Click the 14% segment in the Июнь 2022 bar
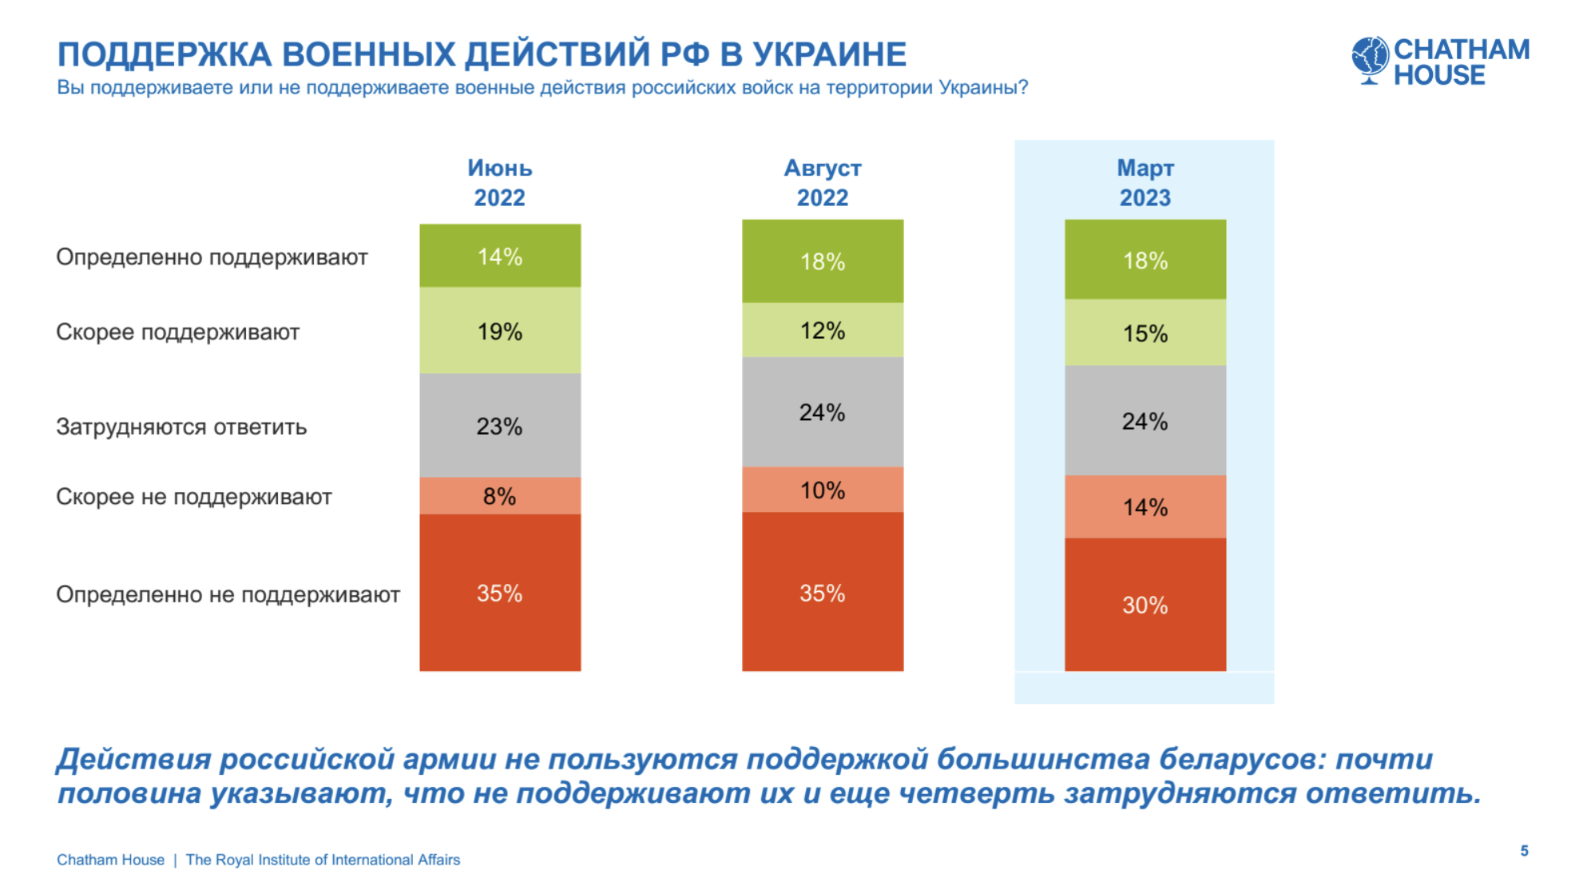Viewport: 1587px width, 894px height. (500, 256)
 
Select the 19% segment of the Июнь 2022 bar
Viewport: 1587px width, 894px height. (500, 331)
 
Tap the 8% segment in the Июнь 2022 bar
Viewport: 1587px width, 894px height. (500, 496)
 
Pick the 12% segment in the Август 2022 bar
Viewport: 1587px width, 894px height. (823, 330)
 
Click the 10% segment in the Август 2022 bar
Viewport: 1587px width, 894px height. (823, 490)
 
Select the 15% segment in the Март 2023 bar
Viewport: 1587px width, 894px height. (1145, 333)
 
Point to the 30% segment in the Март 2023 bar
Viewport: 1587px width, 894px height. (1145, 605)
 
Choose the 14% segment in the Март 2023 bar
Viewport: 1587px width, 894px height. (1145, 507)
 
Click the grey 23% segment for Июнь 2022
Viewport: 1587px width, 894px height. (500, 426)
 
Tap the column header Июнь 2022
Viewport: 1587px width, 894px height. (500, 183)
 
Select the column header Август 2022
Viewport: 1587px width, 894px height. (823, 183)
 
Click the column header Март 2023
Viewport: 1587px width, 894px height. (1145, 183)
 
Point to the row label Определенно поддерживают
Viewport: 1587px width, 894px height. (212, 257)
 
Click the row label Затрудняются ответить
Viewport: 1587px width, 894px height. (181, 427)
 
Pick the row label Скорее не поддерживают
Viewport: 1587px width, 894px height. (193, 497)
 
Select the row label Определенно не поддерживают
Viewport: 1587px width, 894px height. (228, 594)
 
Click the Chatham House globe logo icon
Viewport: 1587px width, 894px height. (1370, 59)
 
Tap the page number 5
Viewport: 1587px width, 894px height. (1524, 851)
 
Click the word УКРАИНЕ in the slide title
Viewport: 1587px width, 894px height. (830, 54)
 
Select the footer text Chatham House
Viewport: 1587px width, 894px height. (110, 860)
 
